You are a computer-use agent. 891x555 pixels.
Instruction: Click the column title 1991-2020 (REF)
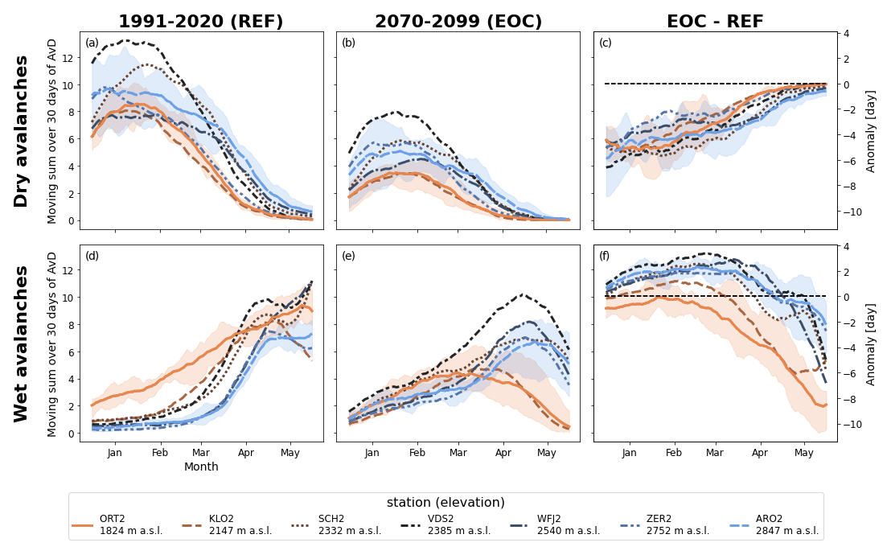click(x=201, y=22)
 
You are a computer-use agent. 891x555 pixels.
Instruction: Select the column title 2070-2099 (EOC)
click(x=458, y=22)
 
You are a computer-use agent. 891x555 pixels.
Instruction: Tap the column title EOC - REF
click(x=715, y=22)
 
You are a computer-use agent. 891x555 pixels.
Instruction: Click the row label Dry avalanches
click(x=22, y=131)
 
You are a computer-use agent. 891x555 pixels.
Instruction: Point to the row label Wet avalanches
click(x=22, y=343)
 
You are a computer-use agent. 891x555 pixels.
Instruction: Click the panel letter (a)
click(x=92, y=43)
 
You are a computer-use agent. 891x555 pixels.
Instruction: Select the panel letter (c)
click(x=606, y=43)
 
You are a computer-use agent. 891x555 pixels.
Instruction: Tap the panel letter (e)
click(x=349, y=256)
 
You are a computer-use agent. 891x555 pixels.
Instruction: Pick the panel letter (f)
click(x=606, y=256)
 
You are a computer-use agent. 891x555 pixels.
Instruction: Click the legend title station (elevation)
click(x=445, y=503)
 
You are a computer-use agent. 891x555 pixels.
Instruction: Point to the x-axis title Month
click(x=201, y=467)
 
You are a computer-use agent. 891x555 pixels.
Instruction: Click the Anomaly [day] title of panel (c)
click(x=871, y=131)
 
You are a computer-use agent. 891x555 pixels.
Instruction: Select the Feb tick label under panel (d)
click(x=159, y=453)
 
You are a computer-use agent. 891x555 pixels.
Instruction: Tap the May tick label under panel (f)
click(x=803, y=453)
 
